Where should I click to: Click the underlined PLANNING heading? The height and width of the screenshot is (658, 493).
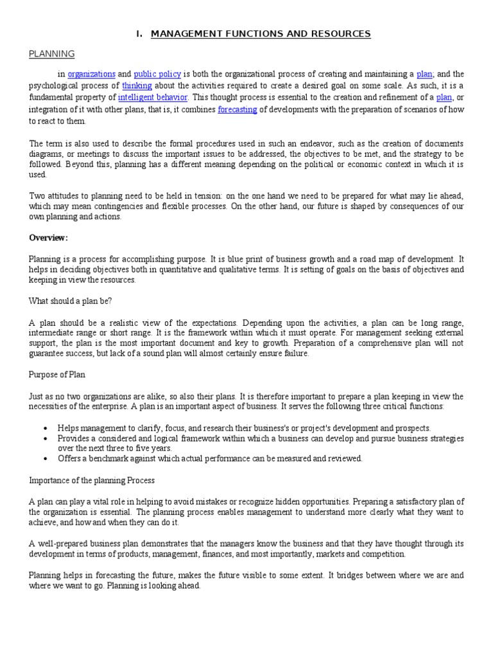(52, 54)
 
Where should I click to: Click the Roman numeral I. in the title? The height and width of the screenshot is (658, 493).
(139, 33)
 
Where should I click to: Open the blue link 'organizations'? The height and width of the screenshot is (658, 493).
(91, 75)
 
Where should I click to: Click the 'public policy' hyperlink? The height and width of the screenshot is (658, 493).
(158, 75)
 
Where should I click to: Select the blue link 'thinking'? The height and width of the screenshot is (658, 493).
(135, 86)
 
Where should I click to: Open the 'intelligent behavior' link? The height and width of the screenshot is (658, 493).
(153, 98)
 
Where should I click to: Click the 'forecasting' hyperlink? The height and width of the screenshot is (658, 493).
(238, 109)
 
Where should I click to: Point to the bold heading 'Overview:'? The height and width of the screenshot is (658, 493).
(48, 238)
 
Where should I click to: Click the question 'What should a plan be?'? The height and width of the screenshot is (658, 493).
(71, 301)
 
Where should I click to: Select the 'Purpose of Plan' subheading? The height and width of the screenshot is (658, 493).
(58, 375)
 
